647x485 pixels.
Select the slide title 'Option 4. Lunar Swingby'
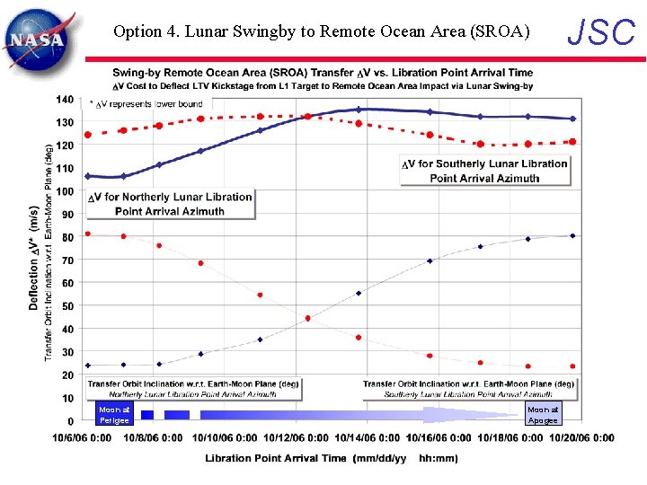322,31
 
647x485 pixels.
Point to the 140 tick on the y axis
65,99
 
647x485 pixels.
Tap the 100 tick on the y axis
65,191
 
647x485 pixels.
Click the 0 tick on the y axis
70,421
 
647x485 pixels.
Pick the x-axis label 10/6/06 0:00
82,438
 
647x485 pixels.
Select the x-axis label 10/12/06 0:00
296,438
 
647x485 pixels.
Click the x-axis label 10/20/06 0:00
581,438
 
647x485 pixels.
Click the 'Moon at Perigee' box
114,414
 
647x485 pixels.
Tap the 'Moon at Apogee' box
543,414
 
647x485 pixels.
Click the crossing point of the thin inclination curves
308,318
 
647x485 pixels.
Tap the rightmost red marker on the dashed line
572,142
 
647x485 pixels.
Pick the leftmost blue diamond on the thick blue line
88,176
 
